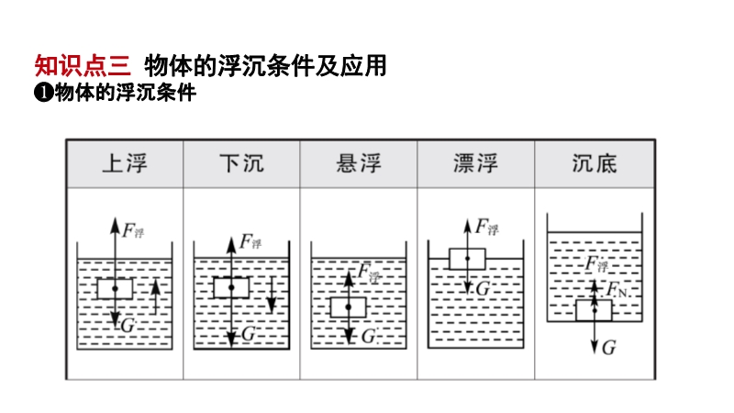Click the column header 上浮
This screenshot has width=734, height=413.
pyautogui.click(x=124, y=164)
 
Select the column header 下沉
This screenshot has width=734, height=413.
pyautogui.click(x=241, y=164)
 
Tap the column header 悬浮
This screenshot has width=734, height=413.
pyautogui.click(x=359, y=164)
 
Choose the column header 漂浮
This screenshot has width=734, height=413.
pyautogui.click(x=476, y=164)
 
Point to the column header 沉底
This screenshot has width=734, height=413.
pyautogui.click(x=594, y=164)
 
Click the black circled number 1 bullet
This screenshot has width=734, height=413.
pyautogui.click(x=42, y=93)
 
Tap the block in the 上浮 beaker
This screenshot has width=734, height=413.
pyautogui.click(x=115, y=289)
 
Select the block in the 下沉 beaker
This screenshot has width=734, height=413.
pyautogui.click(x=231, y=287)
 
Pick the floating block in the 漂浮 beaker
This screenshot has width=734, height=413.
pyautogui.click(x=467, y=259)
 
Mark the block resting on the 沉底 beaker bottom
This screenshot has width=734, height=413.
pyautogui.click(x=594, y=310)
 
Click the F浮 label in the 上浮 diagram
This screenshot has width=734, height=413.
pyautogui.click(x=134, y=230)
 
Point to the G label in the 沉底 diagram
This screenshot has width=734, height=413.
pyautogui.click(x=610, y=348)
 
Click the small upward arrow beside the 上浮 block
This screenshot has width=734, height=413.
pyautogui.click(x=155, y=296)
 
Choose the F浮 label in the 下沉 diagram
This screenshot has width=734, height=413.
pyautogui.click(x=250, y=242)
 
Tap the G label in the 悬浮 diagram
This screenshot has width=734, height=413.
pyautogui.click(x=368, y=336)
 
